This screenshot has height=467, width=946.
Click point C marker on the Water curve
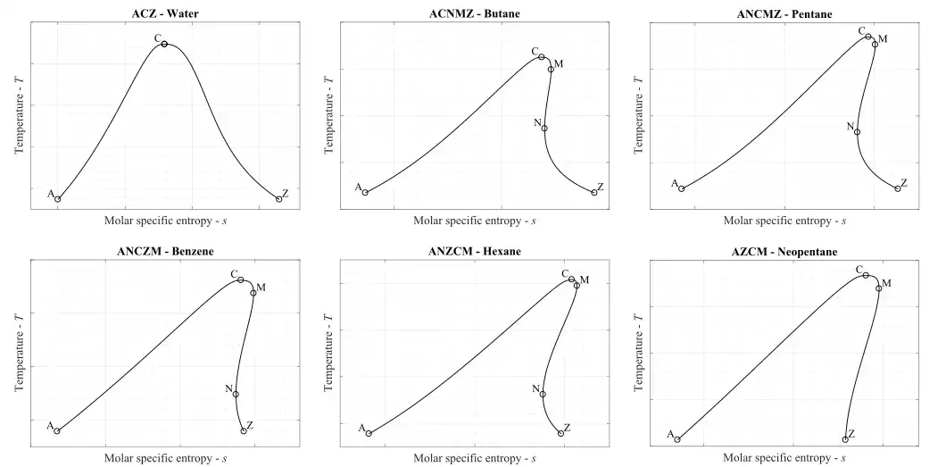point(165,43)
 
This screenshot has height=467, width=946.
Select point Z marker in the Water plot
point(279,199)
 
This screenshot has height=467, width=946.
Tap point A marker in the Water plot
point(58,199)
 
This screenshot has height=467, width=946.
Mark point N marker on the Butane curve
point(544,128)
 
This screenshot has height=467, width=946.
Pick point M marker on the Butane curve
point(551,69)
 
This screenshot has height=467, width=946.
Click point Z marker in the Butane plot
point(594,192)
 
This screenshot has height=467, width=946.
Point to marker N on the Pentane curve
point(858,131)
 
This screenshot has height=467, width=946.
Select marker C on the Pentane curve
point(868,37)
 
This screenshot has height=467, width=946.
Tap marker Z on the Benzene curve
point(244,431)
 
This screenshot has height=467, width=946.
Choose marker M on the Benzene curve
point(253,292)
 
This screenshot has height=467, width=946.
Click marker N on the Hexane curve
point(543,394)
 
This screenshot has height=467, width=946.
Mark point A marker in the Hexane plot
point(369,434)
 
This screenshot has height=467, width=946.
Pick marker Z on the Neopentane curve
point(845,439)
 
